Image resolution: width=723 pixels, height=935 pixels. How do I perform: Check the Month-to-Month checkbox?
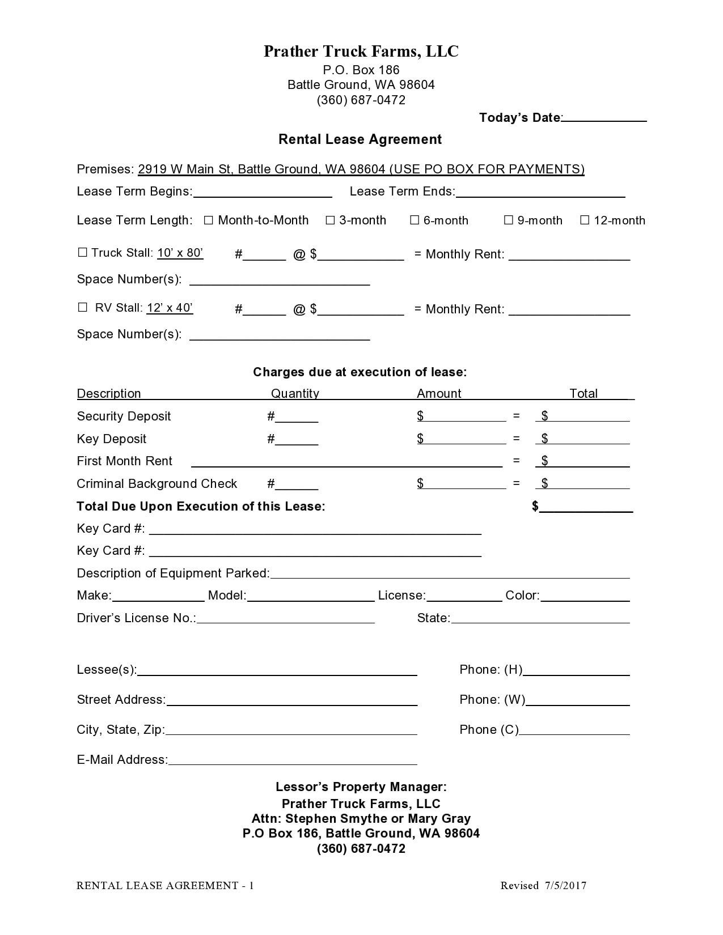pyautogui.click(x=208, y=220)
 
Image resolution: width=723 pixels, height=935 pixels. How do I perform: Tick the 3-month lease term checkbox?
pyautogui.click(x=330, y=220)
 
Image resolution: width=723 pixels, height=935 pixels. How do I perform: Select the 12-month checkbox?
pyautogui.click(x=585, y=220)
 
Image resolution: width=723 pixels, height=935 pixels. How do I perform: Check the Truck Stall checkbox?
pyautogui.click(x=83, y=253)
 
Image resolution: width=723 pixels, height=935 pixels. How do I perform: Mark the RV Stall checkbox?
pyautogui.click(x=83, y=308)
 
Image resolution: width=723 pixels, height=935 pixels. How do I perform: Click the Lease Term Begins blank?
pyautogui.click(x=263, y=192)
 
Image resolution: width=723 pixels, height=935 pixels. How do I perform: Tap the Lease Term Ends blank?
pyautogui.click(x=540, y=192)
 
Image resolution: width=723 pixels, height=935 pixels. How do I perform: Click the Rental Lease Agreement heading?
pyautogui.click(x=360, y=139)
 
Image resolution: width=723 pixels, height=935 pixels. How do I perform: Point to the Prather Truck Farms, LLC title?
pyautogui.click(x=361, y=52)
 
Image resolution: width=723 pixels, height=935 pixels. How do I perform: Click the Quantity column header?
pyautogui.click(x=295, y=393)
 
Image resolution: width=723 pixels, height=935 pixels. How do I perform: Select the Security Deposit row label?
pyautogui.click(x=124, y=416)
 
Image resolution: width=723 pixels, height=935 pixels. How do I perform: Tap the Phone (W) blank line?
pyautogui.click(x=578, y=700)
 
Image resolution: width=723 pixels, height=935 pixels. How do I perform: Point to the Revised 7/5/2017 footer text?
pyautogui.click(x=543, y=886)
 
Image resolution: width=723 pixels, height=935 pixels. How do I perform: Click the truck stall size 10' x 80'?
pyautogui.click(x=180, y=253)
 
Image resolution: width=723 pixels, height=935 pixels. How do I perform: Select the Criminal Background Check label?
pyautogui.click(x=157, y=484)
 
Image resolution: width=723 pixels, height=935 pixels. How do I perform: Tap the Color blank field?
pyautogui.click(x=585, y=596)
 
